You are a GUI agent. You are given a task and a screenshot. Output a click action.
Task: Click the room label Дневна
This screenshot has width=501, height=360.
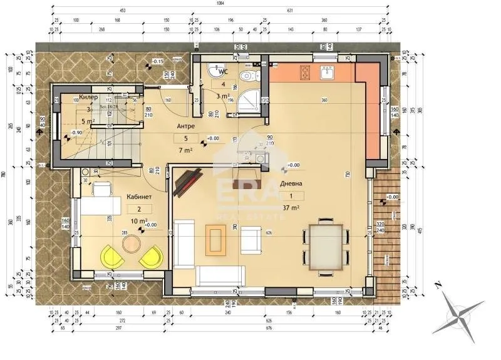pos(292,184)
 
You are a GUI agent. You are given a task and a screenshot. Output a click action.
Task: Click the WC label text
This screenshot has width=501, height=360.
pos(222,72)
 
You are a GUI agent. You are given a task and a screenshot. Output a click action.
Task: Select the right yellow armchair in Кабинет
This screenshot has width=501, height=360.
pos(152,256)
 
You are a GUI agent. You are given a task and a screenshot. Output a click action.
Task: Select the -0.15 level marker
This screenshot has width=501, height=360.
pos(157,61)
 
